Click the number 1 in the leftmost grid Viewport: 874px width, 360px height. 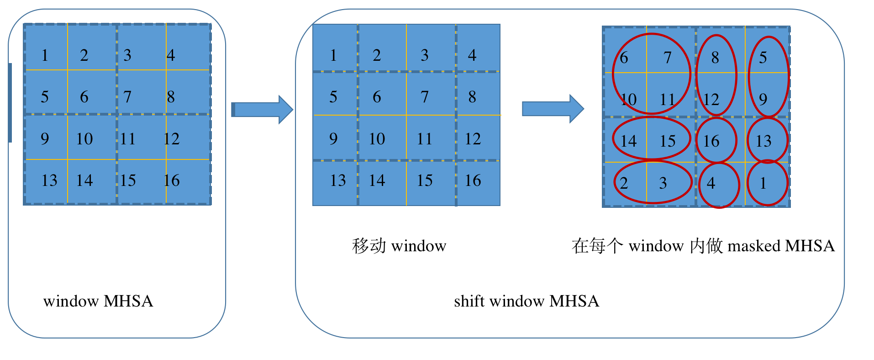coord(45,55)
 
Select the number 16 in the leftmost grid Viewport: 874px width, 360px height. coord(172,180)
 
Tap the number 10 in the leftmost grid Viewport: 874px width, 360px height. coord(84,139)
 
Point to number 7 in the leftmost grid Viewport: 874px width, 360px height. coord(127,97)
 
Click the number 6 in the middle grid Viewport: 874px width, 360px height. coord(377,97)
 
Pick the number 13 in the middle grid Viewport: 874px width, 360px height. coord(338,180)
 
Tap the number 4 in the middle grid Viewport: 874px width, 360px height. coord(472,55)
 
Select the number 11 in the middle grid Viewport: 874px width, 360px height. coord(424,139)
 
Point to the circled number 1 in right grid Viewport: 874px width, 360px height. coord(763,183)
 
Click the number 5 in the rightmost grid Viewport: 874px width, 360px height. coord(763,58)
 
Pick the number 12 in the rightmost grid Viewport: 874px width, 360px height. coord(711,100)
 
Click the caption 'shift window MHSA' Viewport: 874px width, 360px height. coord(526,302)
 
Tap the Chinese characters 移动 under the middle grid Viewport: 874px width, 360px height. coord(369,246)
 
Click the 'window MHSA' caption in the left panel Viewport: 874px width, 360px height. coord(98,302)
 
